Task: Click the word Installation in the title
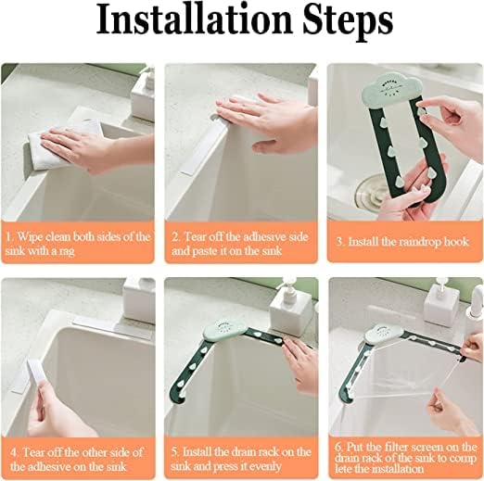[194, 20]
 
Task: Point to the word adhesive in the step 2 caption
[252, 236]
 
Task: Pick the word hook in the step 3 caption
[456, 241]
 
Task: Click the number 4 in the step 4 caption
[14, 453]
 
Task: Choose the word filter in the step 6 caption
[397, 447]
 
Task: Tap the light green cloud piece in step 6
[384, 334]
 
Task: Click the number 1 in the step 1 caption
[9, 237]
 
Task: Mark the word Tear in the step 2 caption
[196, 236]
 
